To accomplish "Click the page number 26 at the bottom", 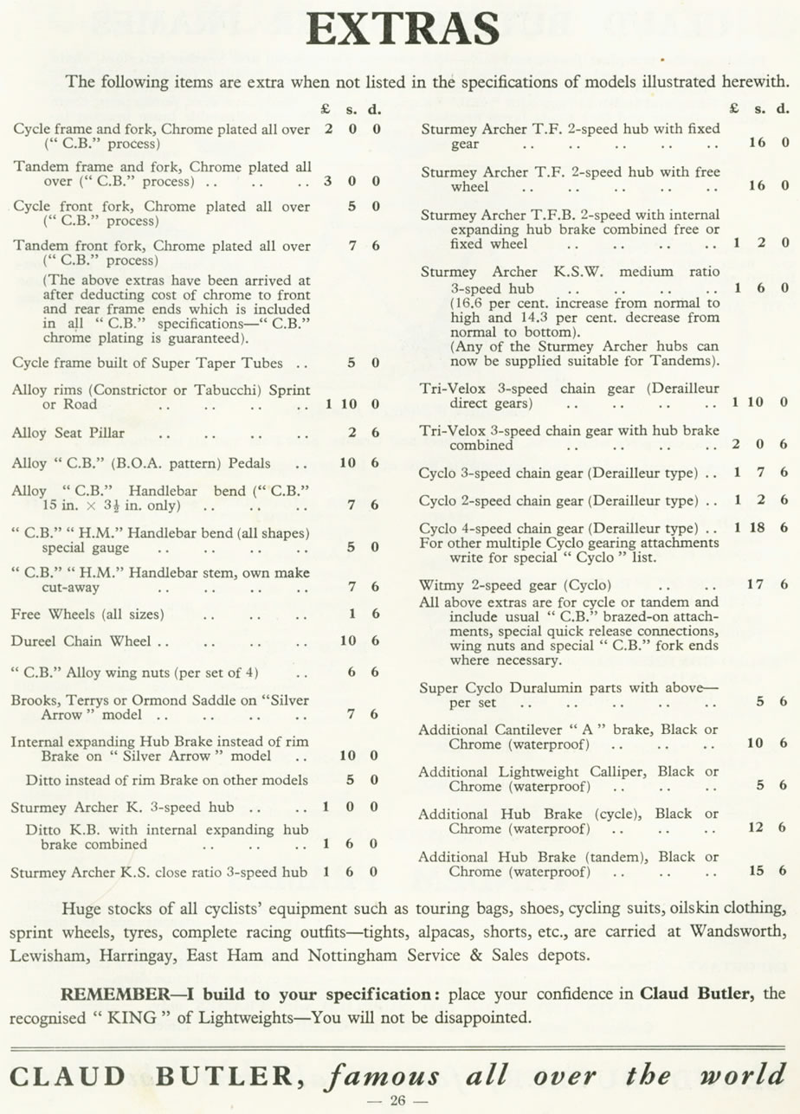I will [399, 1101].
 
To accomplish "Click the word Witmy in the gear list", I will [440, 584].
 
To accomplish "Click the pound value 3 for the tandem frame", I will [327, 182].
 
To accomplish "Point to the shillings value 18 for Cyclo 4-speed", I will [757, 527].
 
